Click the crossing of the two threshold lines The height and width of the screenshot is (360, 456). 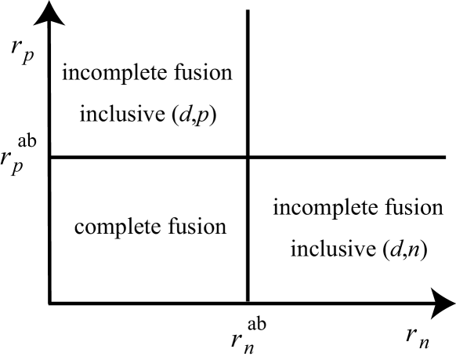tap(248, 158)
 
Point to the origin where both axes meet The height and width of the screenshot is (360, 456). tap(49, 304)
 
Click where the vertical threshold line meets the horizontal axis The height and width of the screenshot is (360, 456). tap(248, 304)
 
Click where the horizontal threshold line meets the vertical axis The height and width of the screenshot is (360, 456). tap(49, 158)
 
